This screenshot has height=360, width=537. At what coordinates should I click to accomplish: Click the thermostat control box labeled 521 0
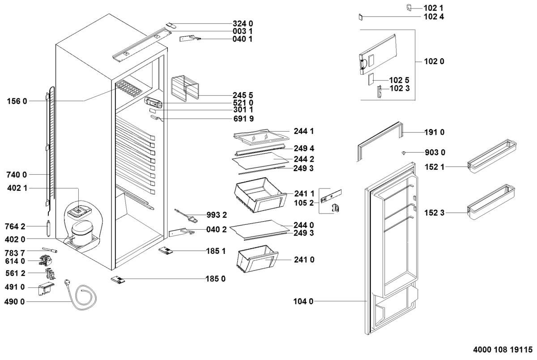pos(153,102)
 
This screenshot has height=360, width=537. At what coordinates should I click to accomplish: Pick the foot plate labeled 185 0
pos(118,280)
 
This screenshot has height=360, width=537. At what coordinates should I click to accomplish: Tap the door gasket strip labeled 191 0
pos(380,139)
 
